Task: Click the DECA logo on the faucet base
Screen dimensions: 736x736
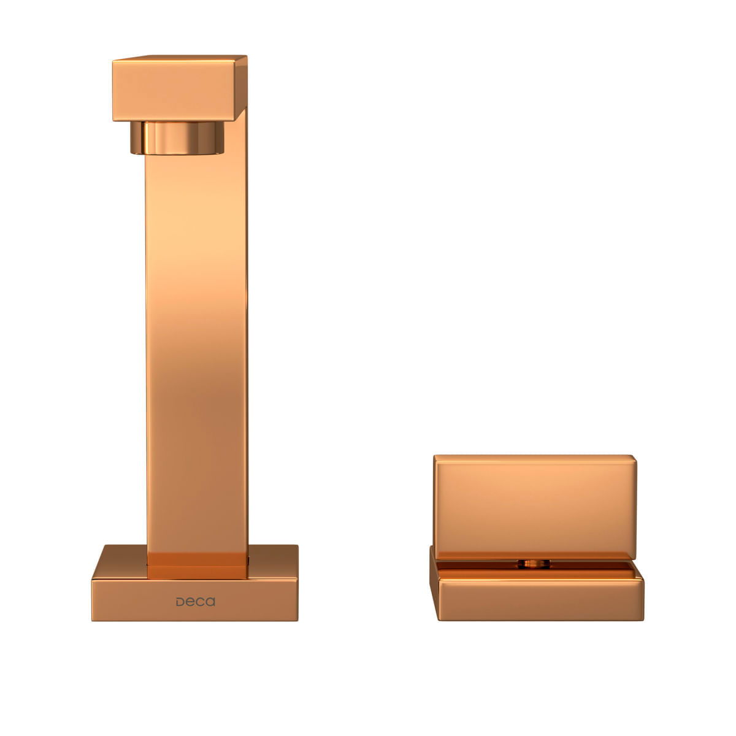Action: pos(195,602)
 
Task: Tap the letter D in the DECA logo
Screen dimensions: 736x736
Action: pos(180,602)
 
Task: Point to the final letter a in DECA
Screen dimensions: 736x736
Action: pos(211,602)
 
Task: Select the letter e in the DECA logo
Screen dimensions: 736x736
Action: pos(191,602)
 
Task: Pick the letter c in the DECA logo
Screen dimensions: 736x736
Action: pos(201,602)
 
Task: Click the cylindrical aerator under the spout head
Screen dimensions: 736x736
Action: pos(177,137)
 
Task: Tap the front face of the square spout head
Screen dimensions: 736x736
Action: pos(174,90)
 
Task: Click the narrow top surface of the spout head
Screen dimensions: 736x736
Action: pos(180,58)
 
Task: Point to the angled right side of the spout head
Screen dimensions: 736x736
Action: pos(240,87)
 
